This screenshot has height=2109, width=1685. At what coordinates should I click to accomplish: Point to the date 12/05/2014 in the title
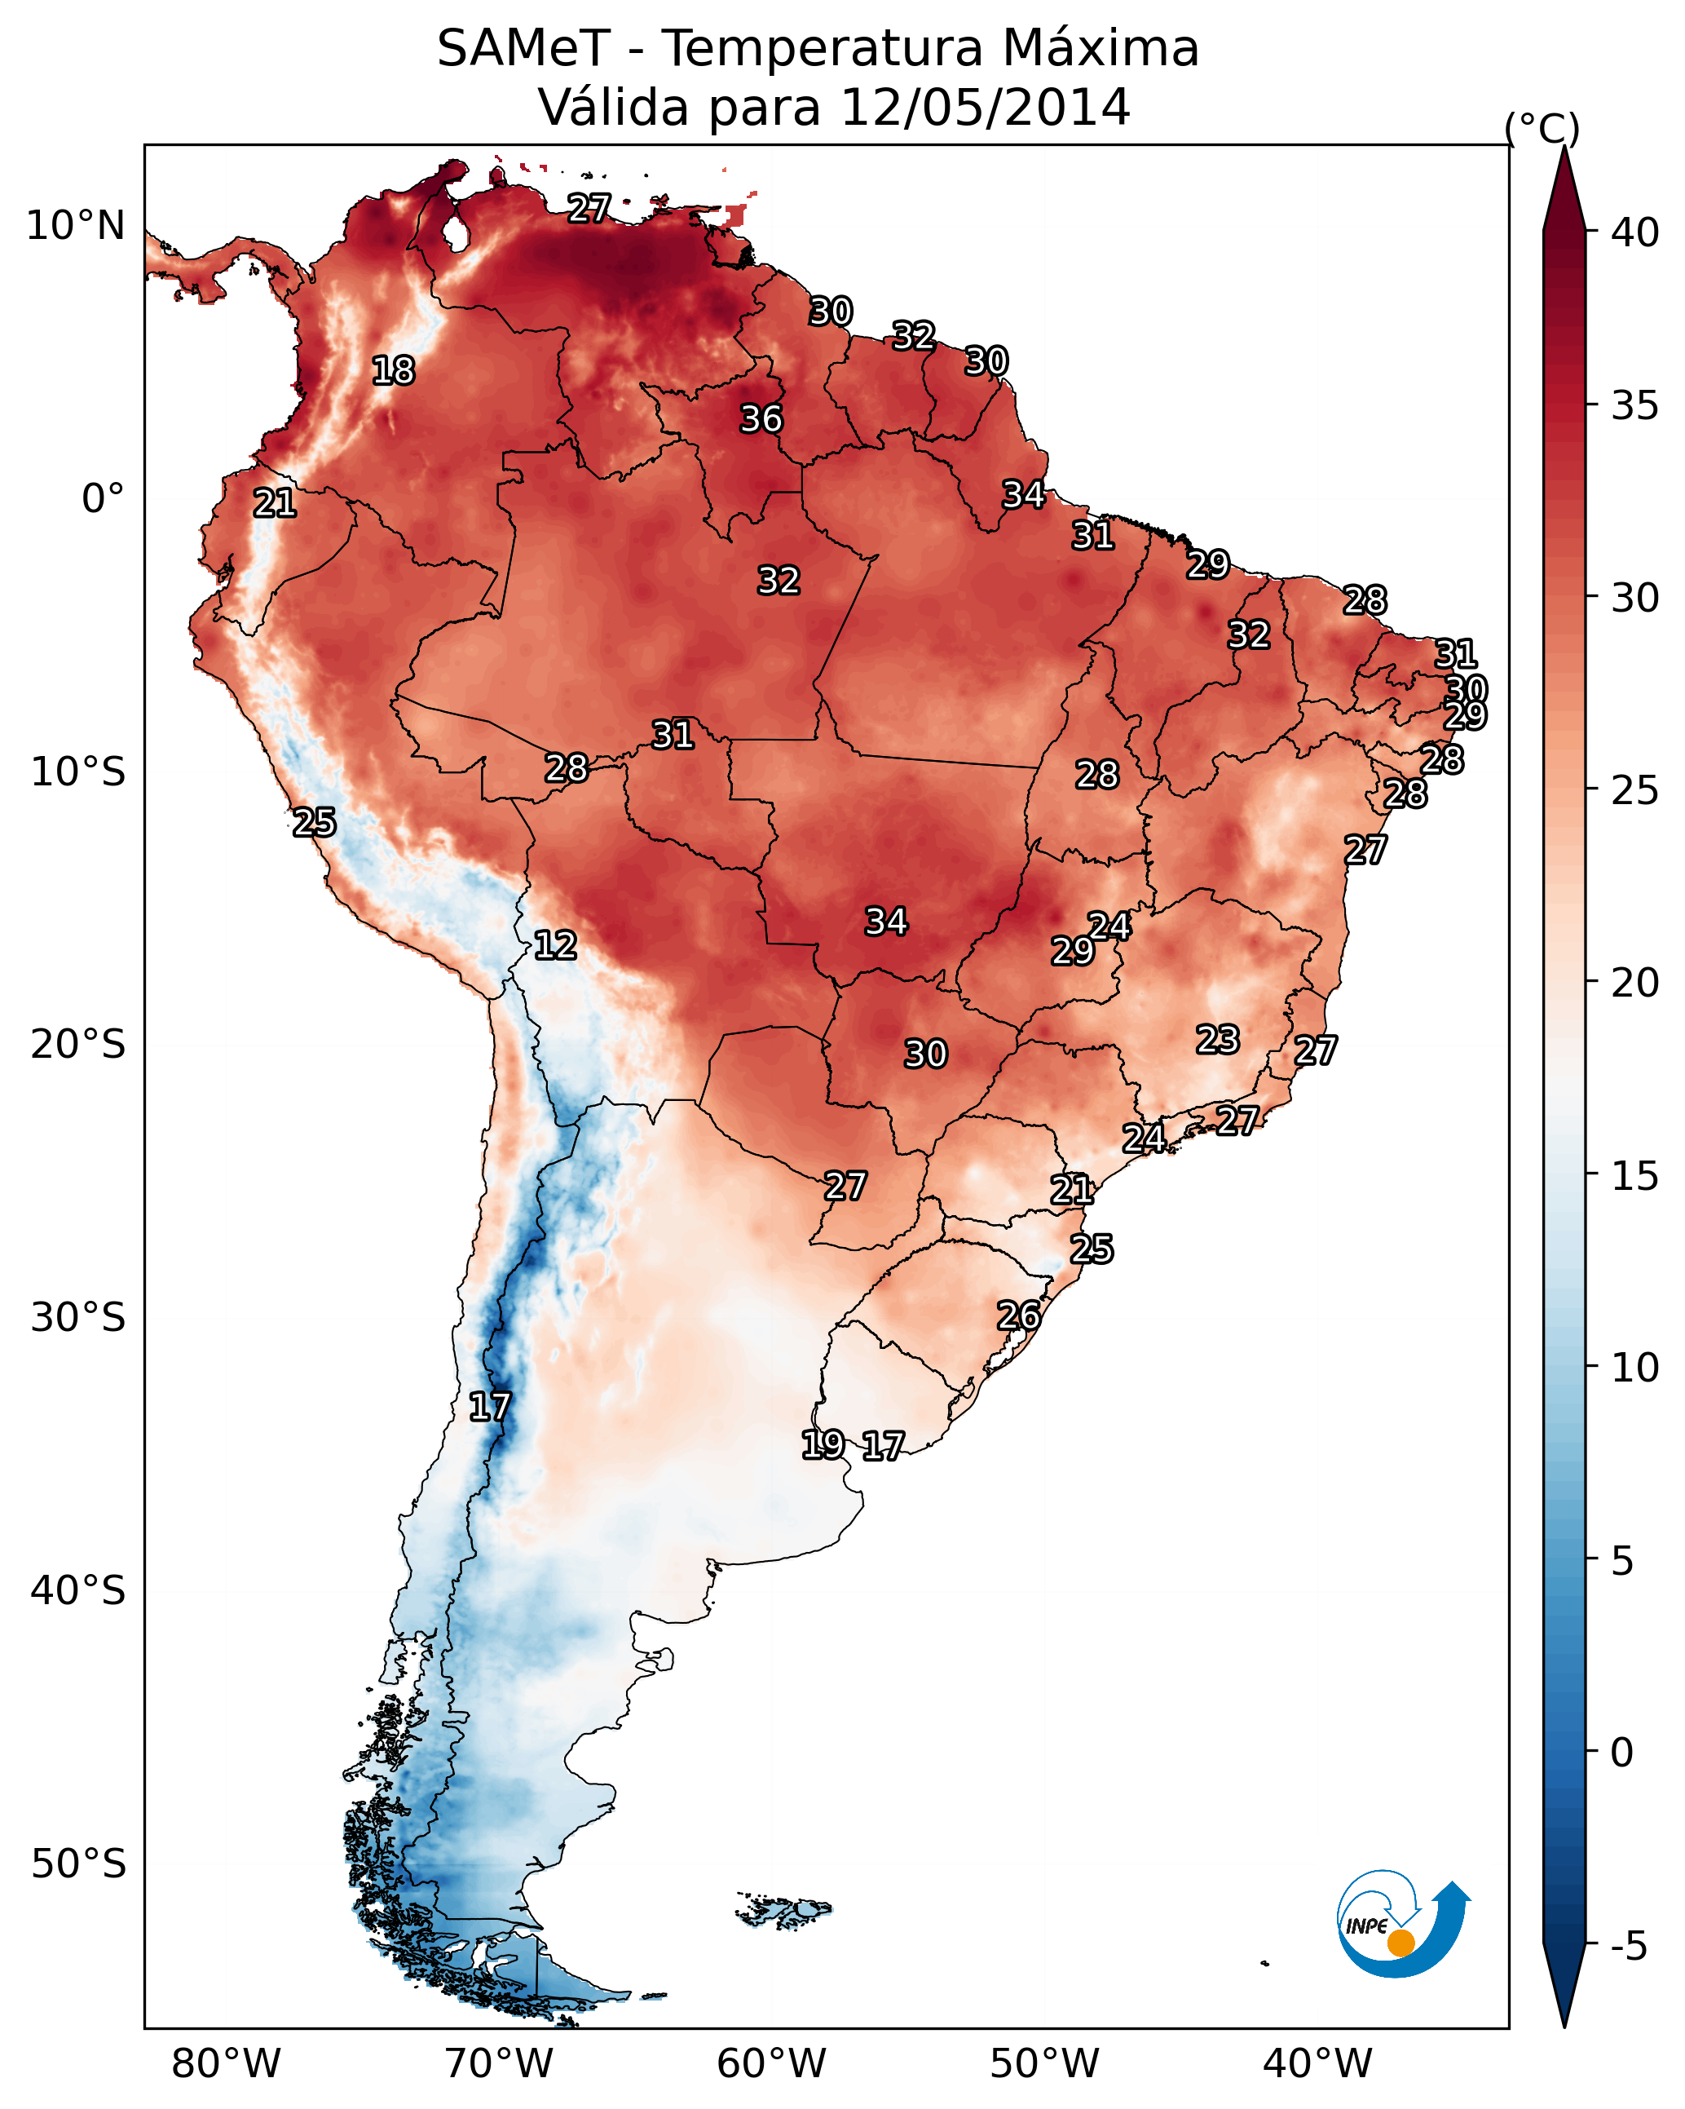(985, 108)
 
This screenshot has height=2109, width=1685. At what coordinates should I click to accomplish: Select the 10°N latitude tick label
(75, 226)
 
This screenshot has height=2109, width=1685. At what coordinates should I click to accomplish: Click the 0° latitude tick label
(103, 499)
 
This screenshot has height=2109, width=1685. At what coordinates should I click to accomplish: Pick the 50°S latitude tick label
(78, 1864)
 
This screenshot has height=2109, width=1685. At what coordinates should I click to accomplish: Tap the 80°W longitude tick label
(226, 2063)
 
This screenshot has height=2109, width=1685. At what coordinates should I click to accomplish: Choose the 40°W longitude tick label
(1317, 2063)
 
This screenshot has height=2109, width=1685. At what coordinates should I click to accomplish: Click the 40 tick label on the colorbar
(1634, 232)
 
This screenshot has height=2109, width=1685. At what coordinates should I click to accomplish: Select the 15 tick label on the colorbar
(1634, 1177)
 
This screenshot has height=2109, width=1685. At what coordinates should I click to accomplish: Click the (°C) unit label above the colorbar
(1542, 128)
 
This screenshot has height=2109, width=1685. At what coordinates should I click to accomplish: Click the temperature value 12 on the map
(554, 946)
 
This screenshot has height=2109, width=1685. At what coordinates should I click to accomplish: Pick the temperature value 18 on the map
(393, 371)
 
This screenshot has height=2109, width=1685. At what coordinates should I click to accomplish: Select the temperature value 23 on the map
(1218, 1040)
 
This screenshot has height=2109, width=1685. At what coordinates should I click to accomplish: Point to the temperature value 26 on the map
(1018, 1315)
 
